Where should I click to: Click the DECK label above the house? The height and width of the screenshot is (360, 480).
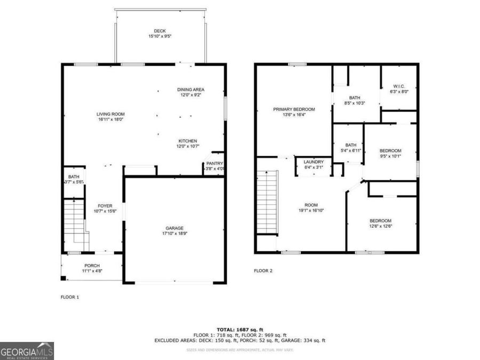[160, 31]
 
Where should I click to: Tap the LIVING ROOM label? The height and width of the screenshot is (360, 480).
[110, 114]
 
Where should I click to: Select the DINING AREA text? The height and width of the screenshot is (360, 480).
[191, 89]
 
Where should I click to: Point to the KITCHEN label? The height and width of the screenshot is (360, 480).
[188, 141]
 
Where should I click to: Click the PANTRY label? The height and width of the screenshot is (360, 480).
[215, 164]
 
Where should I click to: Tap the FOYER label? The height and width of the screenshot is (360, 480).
[104, 205]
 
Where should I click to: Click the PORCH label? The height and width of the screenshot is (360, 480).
[92, 266]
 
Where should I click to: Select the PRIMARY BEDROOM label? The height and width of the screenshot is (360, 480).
[294, 109]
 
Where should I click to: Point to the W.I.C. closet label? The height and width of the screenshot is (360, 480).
[400, 86]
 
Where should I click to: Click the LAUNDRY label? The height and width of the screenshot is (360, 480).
[313, 162]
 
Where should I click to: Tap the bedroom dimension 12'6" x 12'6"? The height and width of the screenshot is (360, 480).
[381, 226]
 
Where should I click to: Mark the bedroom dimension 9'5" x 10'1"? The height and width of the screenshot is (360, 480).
[390, 156]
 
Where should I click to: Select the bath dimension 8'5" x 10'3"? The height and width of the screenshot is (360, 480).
[355, 103]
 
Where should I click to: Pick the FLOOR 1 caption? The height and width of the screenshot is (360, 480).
[69, 297]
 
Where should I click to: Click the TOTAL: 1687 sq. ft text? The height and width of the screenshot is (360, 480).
[239, 329]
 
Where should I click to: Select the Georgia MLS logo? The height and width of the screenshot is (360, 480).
[27, 351]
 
